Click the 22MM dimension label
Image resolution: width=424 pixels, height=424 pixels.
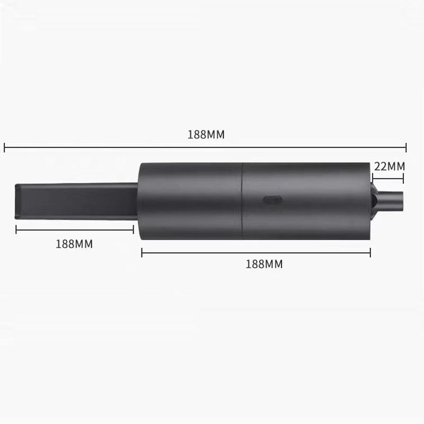[389, 166]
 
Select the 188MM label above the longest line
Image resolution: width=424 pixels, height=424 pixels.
[206, 135]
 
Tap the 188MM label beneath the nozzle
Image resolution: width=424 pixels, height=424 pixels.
[74, 244]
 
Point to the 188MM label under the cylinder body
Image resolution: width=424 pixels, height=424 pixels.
[264, 264]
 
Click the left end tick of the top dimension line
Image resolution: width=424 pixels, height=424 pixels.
[4, 148]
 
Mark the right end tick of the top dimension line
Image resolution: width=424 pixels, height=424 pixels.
[406, 148]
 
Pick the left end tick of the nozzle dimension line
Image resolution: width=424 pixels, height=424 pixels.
[16, 229]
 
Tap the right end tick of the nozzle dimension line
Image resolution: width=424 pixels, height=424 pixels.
[133, 229]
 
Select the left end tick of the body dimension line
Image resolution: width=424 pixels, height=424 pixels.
[142, 253]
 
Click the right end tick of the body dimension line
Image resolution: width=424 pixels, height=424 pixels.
[370, 253]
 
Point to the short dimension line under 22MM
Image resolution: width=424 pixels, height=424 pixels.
[388, 178]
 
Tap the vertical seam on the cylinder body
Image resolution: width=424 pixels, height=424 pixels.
[242, 200]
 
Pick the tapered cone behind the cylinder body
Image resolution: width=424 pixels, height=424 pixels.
[375, 201]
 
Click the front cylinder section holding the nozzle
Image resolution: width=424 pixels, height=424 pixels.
[191, 200]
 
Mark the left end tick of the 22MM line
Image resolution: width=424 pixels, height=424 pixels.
[372, 178]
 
